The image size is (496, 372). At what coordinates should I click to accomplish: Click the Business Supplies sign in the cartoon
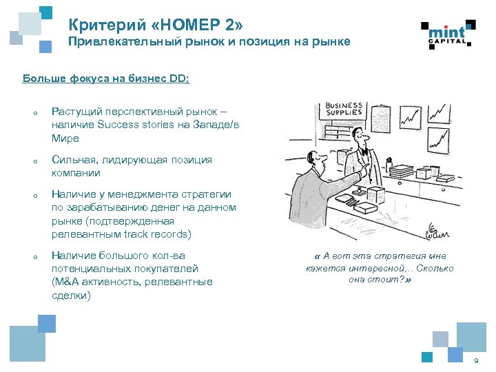coord(344,108)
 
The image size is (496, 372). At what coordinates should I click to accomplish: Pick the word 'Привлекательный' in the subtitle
coord(116,42)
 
